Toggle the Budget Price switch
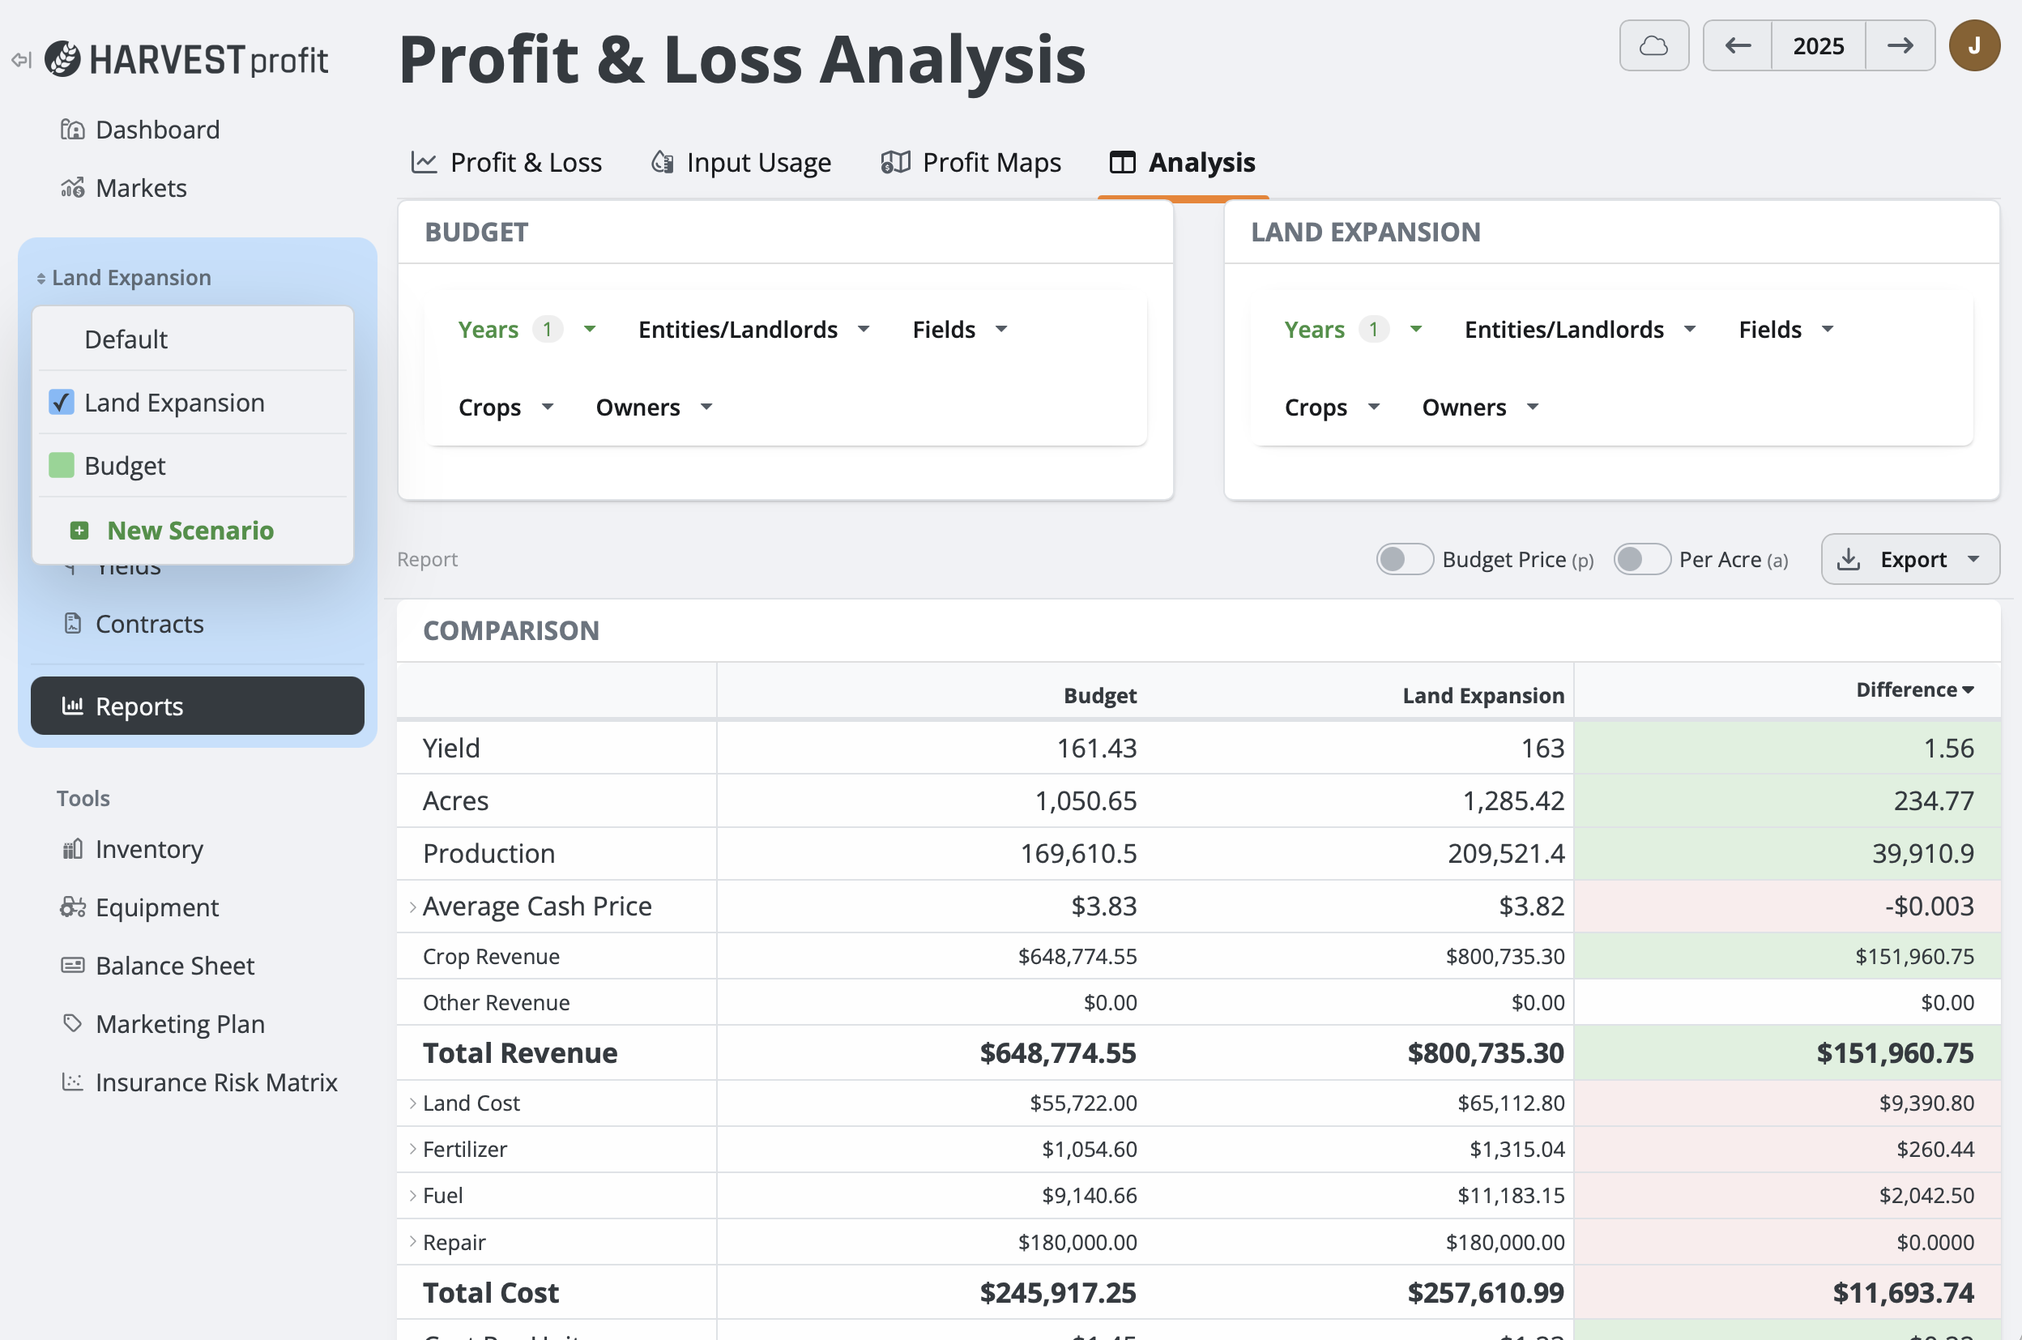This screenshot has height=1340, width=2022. (1403, 560)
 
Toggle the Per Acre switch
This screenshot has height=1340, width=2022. (1640, 560)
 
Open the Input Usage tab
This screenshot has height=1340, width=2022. (741, 162)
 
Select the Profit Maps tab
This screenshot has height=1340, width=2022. (971, 162)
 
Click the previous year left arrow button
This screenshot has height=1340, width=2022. (1738, 46)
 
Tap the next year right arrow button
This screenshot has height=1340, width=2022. (1900, 46)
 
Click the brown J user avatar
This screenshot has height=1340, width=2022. (1974, 46)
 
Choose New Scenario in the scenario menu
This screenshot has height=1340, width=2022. (190, 531)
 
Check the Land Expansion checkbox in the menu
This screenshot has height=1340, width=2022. (62, 403)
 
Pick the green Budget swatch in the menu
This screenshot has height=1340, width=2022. (62, 466)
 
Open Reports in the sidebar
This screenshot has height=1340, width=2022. (198, 706)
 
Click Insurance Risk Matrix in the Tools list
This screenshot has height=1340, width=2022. (216, 1082)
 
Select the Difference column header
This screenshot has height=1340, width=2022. (1913, 690)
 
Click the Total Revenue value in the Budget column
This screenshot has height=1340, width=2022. (1057, 1054)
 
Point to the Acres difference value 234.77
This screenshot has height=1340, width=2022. (1933, 801)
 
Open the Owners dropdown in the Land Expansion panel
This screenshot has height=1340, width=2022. (1479, 408)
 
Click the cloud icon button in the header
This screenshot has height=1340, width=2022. (1653, 46)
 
